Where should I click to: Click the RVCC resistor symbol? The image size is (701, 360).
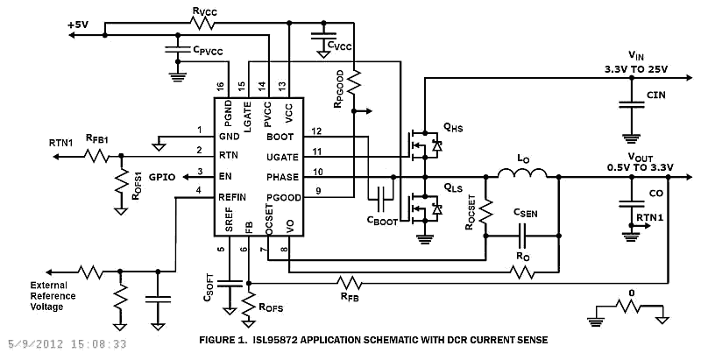pyautogui.click(x=202, y=23)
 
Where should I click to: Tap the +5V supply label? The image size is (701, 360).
pyautogui.click(x=78, y=25)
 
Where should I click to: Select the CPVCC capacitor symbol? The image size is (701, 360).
pyautogui.click(x=178, y=50)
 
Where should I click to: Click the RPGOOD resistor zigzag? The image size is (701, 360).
pyautogui.click(x=354, y=81)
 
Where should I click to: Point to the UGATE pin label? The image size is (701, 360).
pyautogui.click(x=282, y=157)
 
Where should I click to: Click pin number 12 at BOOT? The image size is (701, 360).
pyautogui.click(x=316, y=131)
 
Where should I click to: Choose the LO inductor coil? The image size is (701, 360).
pyautogui.click(x=522, y=173)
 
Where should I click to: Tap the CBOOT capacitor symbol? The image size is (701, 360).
pyautogui.click(x=382, y=199)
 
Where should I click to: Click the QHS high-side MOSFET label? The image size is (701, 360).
pyautogui.click(x=453, y=129)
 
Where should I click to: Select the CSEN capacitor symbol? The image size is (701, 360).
pyautogui.click(x=522, y=236)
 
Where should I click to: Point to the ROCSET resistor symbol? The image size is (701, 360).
pyautogui.click(x=486, y=210)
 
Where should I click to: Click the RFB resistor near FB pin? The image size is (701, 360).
pyautogui.click(x=349, y=283)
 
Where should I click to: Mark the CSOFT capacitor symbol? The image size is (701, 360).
pyautogui.click(x=230, y=284)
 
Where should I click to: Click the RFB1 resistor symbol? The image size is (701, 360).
pyautogui.click(x=96, y=156)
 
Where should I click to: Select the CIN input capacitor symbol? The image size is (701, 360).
pyautogui.click(x=631, y=105)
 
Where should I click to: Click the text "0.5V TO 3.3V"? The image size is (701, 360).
pyautogui.click(x=641, y=167)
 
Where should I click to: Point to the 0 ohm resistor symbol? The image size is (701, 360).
pyautogui.click(x=629, y=307)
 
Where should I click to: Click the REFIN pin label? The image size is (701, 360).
pyautogui.click(x=232, y=197)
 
